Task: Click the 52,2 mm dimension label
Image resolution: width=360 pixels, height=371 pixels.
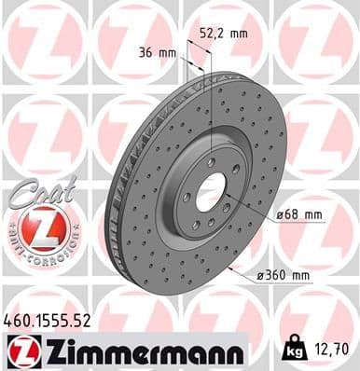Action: pos(224,33)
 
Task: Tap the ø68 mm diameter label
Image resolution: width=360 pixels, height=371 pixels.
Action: pos(300,216)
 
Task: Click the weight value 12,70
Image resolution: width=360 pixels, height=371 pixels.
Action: pos(331,350)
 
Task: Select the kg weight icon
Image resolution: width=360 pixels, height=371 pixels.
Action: pos(296,350)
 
